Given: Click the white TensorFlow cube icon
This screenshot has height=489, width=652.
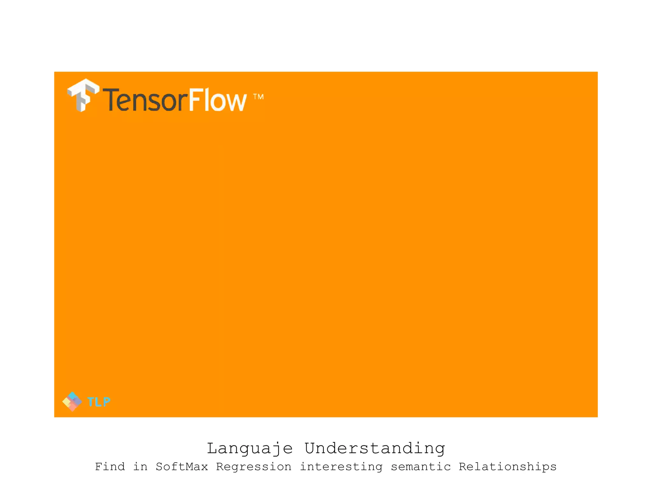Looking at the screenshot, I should point(83,95).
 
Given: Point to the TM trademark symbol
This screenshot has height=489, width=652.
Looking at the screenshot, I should point(258,96).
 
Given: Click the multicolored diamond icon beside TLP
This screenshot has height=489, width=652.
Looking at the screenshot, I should point(72,401).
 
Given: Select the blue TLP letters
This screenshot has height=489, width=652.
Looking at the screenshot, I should point(99,402).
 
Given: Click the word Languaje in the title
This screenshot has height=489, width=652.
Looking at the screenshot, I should point(250,449).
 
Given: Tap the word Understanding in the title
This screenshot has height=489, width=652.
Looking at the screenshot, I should point(375,449).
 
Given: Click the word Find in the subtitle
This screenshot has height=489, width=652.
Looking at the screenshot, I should point(110,467).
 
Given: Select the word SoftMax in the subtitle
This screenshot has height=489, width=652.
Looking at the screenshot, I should point(181,467).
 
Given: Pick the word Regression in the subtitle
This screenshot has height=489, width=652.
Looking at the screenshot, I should point(254,467).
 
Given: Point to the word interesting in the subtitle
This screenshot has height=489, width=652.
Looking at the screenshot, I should point(341,467).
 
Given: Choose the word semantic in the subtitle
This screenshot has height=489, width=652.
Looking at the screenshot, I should point(421,467).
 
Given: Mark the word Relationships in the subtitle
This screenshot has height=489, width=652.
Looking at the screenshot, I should point(507,467).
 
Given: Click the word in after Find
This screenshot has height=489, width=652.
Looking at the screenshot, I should point(140,467).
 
